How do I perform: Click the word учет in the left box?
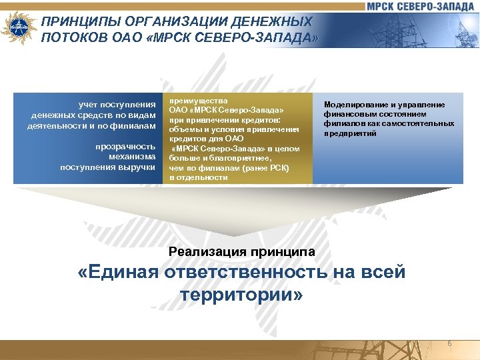coord(90,105)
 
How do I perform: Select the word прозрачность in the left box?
coord(125,146)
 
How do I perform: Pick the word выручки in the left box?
coord(138,166)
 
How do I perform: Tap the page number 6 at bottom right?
coord(449,343)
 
